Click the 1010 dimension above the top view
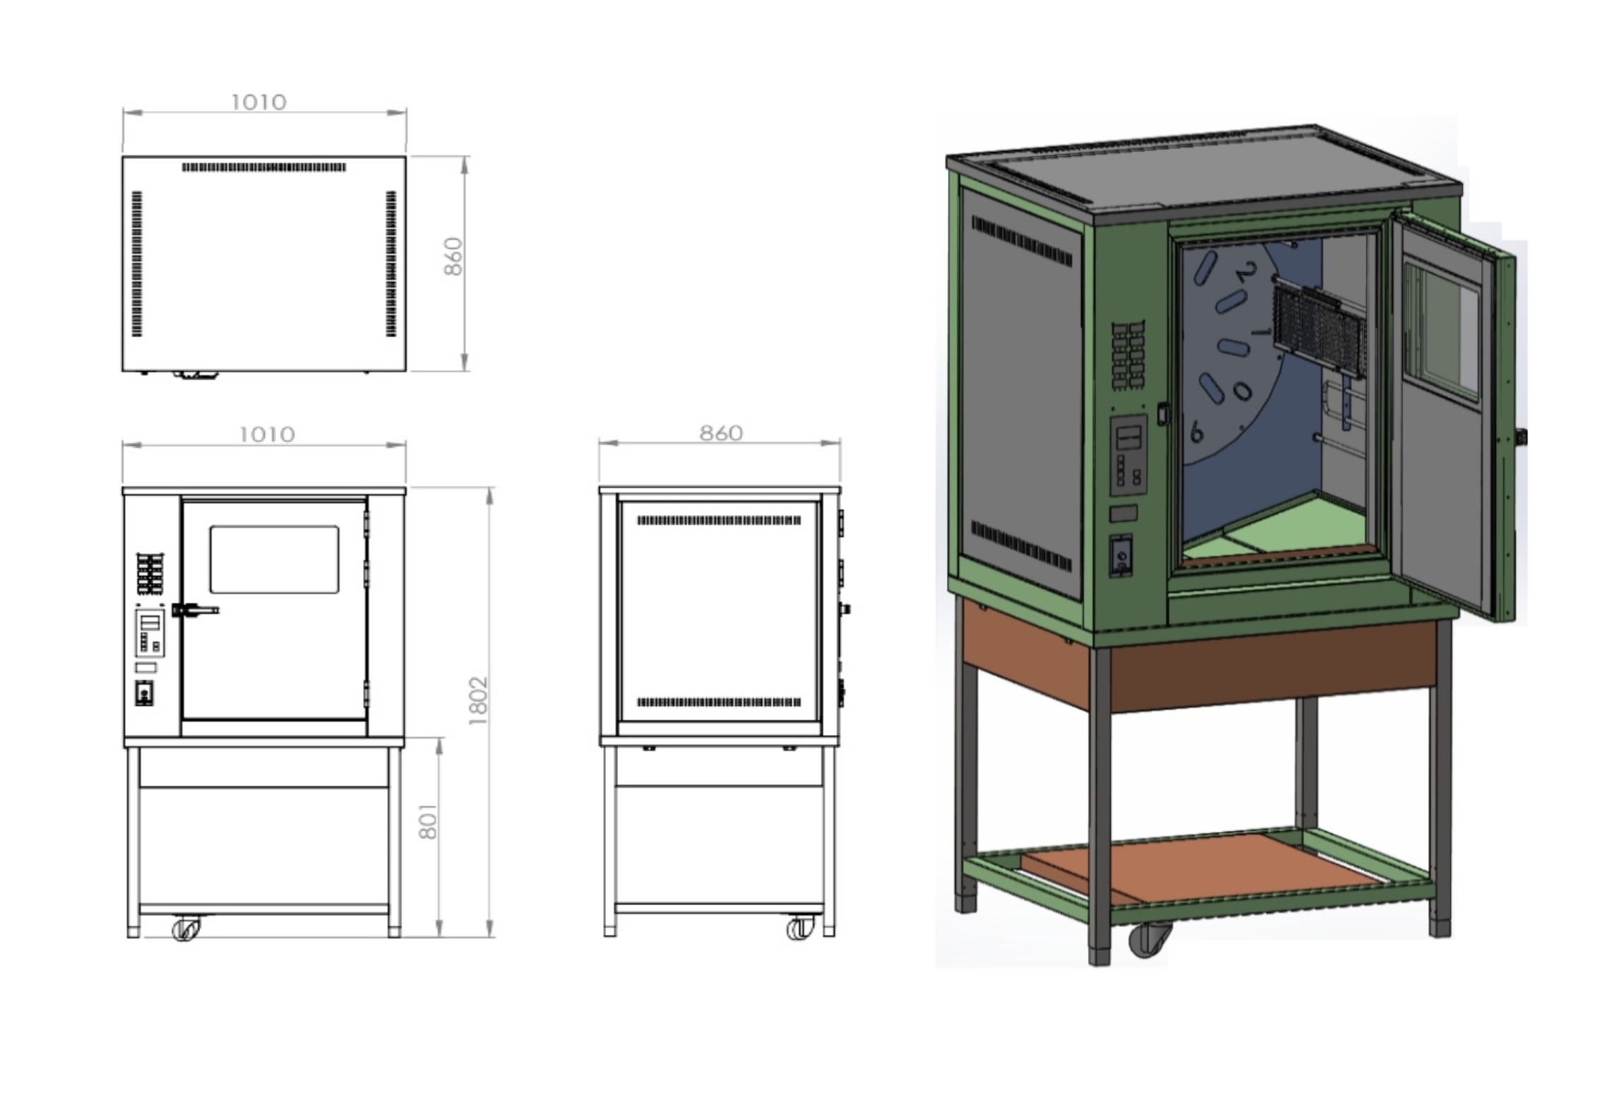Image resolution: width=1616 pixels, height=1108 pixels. pos(259,102)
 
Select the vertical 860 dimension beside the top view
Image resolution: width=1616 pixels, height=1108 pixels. pos(453,257)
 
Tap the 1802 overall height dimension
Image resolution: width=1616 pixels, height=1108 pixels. pos(478,701)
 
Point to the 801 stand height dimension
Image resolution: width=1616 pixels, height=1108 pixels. pos(428,821)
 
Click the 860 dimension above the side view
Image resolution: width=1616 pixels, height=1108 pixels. pos(721,433)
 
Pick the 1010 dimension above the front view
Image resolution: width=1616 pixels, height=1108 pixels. pos(267,434)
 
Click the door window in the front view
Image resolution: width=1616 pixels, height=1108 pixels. pos(274,559)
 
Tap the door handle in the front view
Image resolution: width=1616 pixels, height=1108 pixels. pos(196,609)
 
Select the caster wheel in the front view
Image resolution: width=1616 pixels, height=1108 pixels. pos(186,928)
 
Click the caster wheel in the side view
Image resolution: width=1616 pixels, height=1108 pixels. pos(800,928)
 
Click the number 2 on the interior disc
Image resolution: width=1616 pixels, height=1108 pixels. pos(1247,272)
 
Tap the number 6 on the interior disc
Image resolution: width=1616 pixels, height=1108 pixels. pos(1196,431)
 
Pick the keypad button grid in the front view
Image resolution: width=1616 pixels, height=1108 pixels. pos(150,574)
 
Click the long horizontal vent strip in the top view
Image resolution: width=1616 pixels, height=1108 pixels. pos(264,167)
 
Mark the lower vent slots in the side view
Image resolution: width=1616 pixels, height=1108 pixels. pos(719,702)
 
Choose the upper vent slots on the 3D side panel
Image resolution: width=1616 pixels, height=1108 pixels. pos(1022,241)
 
